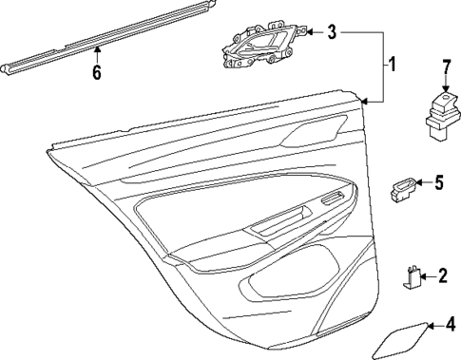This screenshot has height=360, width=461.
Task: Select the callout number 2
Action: coord(442,276)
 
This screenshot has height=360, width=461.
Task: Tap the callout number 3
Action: coord(331,32)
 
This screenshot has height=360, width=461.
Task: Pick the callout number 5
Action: coord(438,181)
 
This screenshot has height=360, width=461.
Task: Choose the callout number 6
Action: coord(96,73)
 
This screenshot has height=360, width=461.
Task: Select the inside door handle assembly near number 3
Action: coord(263,46)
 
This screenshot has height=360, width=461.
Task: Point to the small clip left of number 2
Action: coord(412,276)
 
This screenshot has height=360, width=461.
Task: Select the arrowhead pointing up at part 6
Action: coord(96,57)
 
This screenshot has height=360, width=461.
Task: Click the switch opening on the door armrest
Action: coord(332,199)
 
